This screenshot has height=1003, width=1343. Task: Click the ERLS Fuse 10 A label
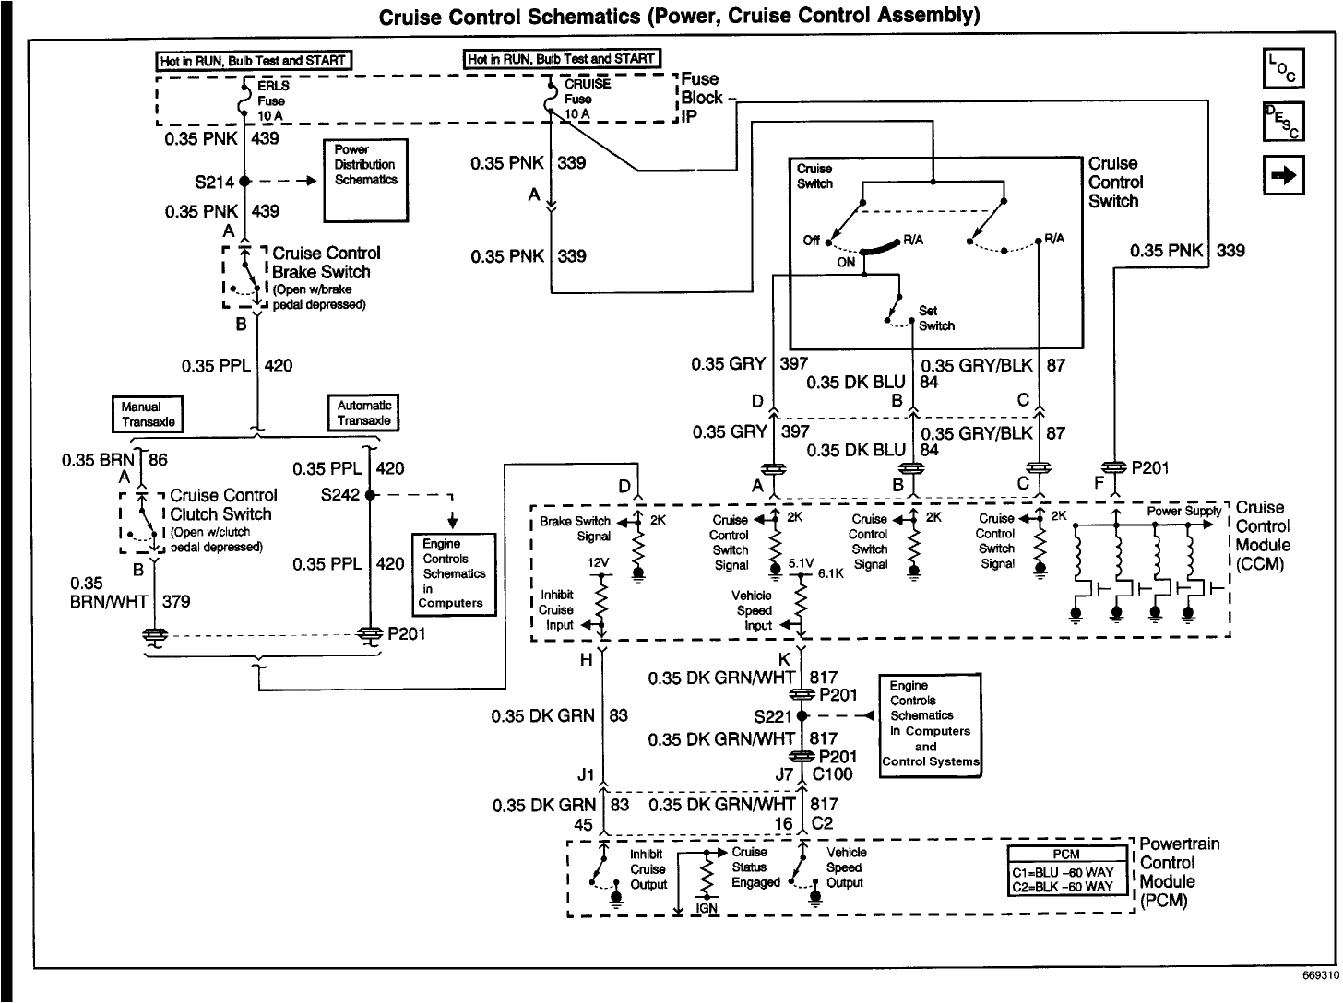tap(271, 100)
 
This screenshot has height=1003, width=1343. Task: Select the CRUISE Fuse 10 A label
tap(587, 99)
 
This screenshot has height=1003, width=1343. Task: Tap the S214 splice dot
tap(245, 182)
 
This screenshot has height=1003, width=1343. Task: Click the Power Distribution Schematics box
tap(365, 180)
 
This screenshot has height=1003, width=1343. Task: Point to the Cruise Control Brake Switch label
tap(320, 263)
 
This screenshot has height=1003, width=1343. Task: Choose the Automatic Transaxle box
tap(364, 413)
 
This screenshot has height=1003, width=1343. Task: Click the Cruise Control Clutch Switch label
tap(220, 505)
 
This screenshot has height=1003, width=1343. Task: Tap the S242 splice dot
tap(369, 495)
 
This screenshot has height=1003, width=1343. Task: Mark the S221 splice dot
tap(802, 715)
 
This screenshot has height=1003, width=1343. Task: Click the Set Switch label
tap(935, 319)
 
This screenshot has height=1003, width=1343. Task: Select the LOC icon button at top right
tap(1282, 68)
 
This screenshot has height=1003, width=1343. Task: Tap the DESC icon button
tap(1282, 121)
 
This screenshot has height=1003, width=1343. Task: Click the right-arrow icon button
tap(1282, 174)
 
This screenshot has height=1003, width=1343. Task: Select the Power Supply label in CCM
tap(1184, 512)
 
